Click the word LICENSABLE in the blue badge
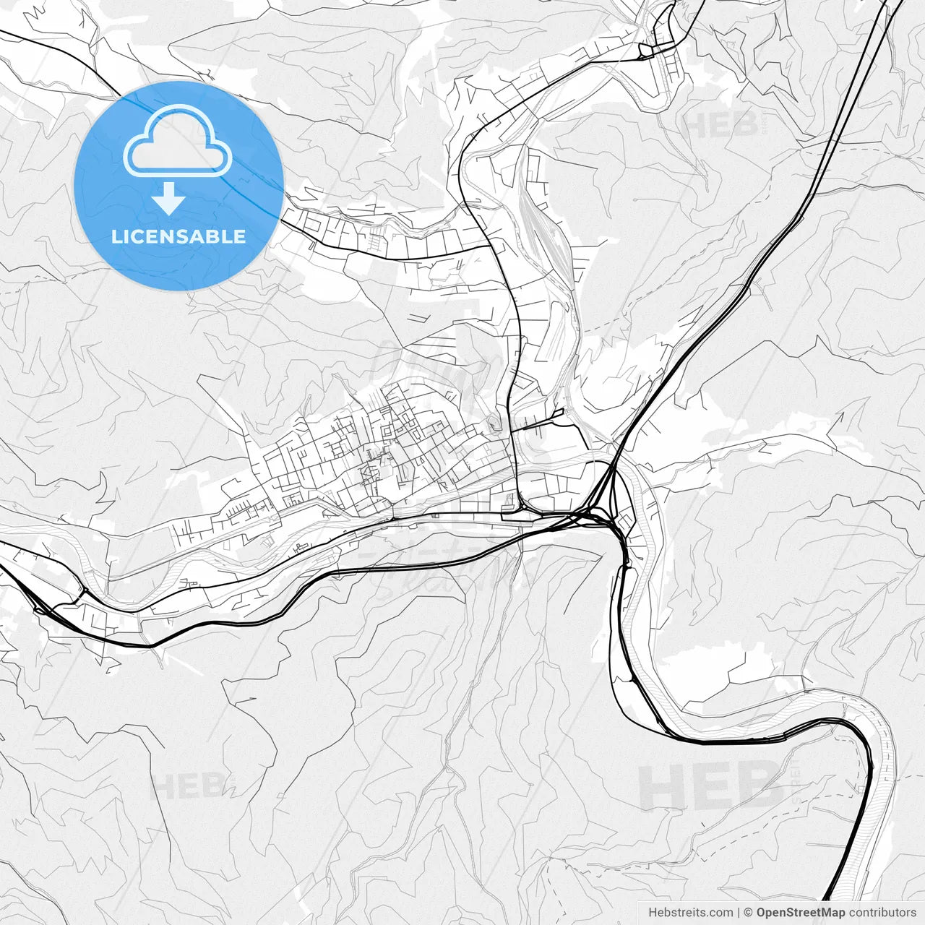click(x=178, y=236)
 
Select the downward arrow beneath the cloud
click(x=169, y=199)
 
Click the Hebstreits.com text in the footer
click(x=690, y=912)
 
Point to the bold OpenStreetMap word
click(x=801, y=912)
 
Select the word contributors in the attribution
click(x=882, y=912)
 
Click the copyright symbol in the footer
click(x=749, y=912)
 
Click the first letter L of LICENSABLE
click(x=116, y=236)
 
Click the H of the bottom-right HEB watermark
click(x=660, y=786)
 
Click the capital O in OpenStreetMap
click(x=761, y=912)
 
